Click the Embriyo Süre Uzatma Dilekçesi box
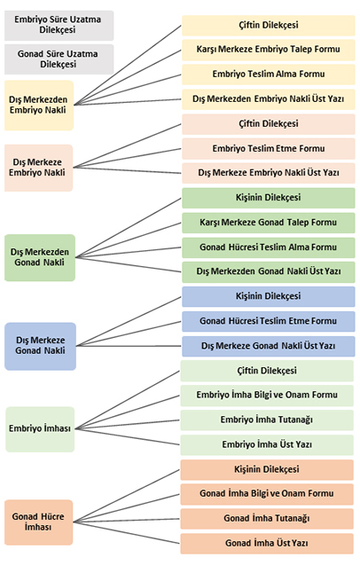pyautogui.click(x=59, y=25)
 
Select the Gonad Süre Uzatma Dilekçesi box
pyautogui.click(x=59, y=59)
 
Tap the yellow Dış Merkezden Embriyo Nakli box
pyautogui.click(x=39, y=106)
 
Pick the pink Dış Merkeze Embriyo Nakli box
pyautogui.click(x=38, y=168)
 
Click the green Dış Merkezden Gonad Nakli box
pyautogui.click(x=40, y=257)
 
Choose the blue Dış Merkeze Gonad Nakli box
pyautogui.click(x=41, y=346)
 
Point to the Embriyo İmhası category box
pyautogui.click(x=40, y=429)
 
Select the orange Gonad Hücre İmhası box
pyautogui.click(x=38, y=522)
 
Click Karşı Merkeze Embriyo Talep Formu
pyautogui.click(x=269, y=50)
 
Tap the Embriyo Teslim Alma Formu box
pyautogui.click(x=269, y=75)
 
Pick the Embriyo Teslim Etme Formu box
pyautogui.click(x=269, y=149)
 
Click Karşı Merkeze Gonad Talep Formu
pyautogui.click(x=269, y=223)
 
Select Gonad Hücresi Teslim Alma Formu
pyautogui.click(x=269, y=247)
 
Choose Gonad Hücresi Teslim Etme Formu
pyautogui.click(x=269, y=321)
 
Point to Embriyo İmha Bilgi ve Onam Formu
pyautogui.click(x=267, y=396)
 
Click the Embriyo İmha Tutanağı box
pyautogui.click(x=267, y=420)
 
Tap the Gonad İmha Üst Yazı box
pyautogui.click(x=267, y=544)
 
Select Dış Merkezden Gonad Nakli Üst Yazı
pyautogui.click(x=269, y=272)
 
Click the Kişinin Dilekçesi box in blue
pyautogui.click(x=269, y=296)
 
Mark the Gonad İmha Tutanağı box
pyautogui.click(x=267, y=519)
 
